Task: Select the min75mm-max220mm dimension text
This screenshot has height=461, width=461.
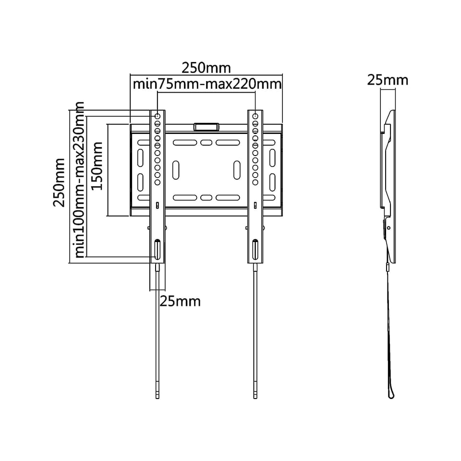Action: point(206,85)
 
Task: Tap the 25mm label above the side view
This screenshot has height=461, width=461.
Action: point(388,80)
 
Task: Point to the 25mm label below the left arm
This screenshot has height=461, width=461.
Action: point(180,302)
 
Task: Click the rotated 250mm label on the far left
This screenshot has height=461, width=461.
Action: point(59,182)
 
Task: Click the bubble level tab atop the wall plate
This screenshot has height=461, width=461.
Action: point(206,127)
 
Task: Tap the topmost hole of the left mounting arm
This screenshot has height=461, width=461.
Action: point(158,116)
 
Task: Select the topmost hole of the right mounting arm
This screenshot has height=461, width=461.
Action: point(255,116)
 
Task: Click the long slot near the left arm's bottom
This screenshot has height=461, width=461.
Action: point(158,249)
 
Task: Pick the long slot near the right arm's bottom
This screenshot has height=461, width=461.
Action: point(255,249)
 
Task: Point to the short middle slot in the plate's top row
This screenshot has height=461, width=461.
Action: point(206,143)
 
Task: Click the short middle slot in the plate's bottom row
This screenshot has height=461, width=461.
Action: point(206,197)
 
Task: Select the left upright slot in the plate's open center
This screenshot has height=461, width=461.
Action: point(176,170)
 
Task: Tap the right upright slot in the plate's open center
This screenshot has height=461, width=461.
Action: point(237,170)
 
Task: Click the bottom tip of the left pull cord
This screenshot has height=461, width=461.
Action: point(158,396)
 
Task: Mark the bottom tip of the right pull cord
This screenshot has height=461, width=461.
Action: point(255,396)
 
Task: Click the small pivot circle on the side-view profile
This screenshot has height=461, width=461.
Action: point(388,227)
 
